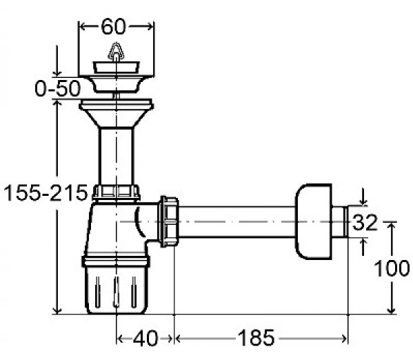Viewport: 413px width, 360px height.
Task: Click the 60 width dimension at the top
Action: [113, 27]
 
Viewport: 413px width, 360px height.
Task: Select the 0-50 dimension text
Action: [57, 88]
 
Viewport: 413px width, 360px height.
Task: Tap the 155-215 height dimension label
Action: [46, 193]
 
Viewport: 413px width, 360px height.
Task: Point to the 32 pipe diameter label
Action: [365, 223]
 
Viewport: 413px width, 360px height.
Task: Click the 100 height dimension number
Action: [392, 268]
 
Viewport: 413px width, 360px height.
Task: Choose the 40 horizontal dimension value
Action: [145, 339]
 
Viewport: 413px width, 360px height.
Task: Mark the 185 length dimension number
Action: [256, 338]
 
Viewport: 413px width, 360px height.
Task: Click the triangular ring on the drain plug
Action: [116, 51]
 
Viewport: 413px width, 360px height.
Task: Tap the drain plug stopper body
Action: [116, 68]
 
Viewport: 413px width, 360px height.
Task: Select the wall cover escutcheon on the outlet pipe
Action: [314, 221]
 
